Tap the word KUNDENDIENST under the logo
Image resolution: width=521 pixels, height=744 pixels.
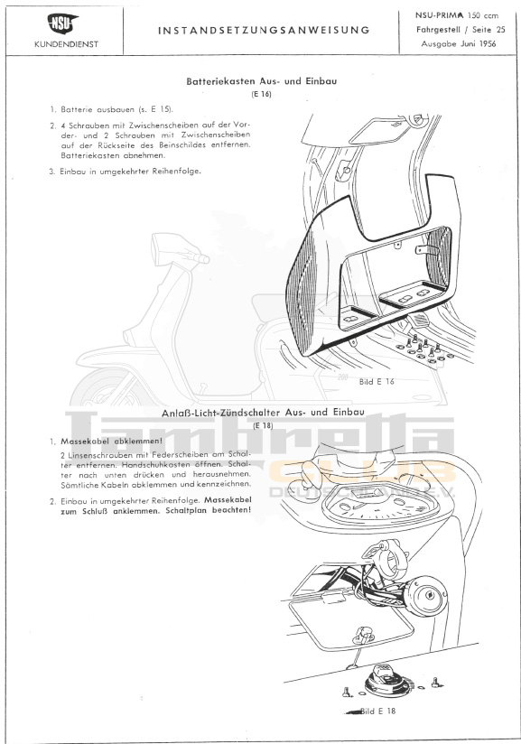[67, 44]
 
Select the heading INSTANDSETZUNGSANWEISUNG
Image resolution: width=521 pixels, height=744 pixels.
[264, 31]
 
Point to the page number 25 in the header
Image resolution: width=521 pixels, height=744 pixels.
[500, 30]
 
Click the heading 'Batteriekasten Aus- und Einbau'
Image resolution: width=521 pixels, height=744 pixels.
[262, 81]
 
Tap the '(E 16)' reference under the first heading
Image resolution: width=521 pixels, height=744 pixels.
[261, 94]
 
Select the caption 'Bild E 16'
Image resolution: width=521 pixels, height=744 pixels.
[377, 382]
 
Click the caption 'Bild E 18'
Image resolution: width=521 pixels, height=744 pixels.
[377, 711]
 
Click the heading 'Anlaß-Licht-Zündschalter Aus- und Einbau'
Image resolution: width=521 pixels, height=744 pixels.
[263, 413]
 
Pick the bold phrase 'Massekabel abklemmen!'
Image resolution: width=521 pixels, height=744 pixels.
[111, 442]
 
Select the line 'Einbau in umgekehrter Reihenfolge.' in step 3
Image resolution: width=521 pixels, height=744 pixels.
[131, 172]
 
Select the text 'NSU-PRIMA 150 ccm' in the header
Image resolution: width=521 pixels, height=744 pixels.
[457, 15]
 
